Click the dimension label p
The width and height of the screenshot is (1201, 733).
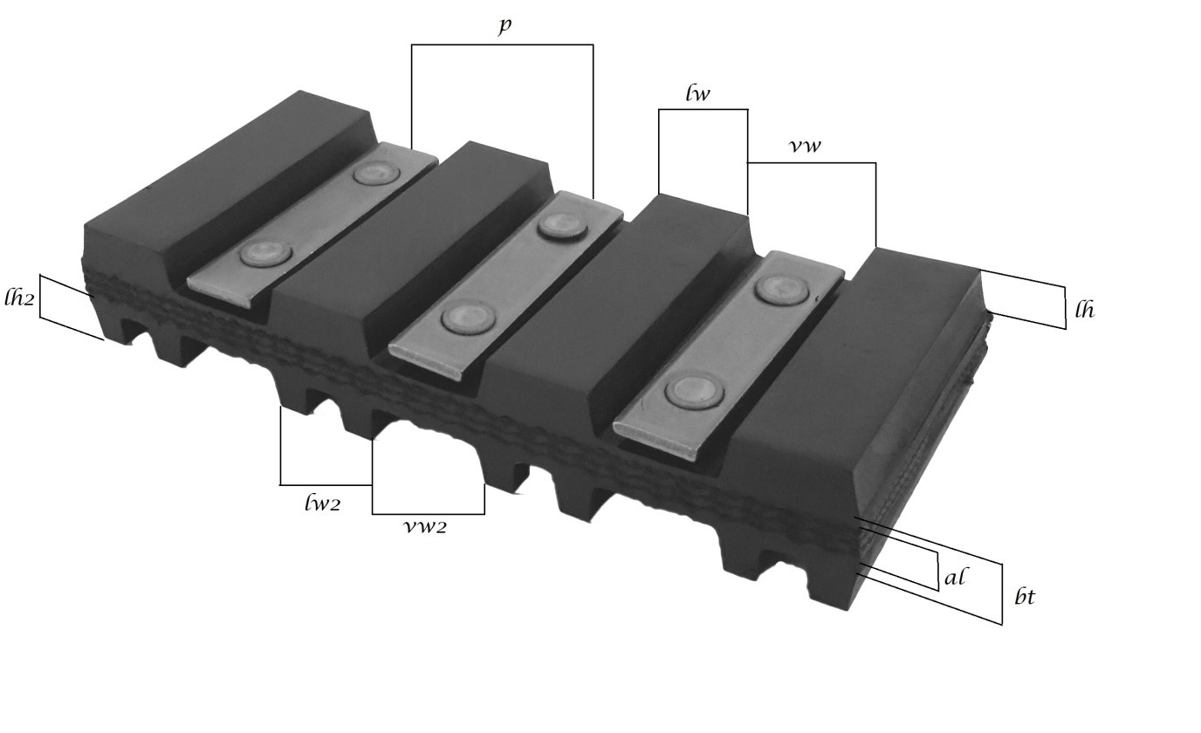tap(504, 26)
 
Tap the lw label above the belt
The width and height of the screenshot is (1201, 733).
tap(697, 93)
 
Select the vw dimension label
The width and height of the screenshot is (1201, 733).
tap(806, 146)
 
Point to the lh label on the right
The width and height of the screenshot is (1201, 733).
tap(1085, 310)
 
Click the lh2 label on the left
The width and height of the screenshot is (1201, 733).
tap(19, 297)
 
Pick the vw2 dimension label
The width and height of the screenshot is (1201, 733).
tap(425, 527)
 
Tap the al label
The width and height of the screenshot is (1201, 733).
tap(954, 578)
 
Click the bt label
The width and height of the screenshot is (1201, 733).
tap(1025, 597)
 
